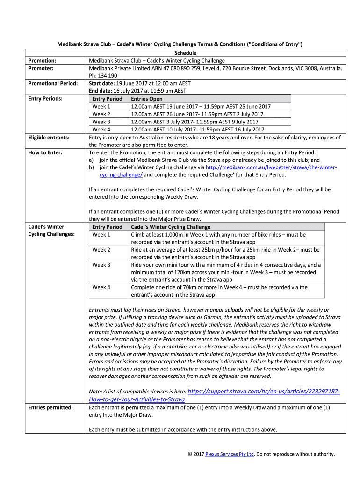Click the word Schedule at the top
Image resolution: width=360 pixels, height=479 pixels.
185,53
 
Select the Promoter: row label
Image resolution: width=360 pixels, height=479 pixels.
42,68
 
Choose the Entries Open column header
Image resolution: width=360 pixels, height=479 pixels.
147,99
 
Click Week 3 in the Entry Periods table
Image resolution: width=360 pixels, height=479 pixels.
101,122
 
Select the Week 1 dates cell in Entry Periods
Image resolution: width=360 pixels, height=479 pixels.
201,106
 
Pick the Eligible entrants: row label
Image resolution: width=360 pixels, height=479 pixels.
49,138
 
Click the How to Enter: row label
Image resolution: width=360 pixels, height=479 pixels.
45,152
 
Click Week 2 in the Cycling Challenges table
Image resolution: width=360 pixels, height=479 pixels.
101,250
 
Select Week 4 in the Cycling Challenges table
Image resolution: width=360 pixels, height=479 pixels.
101,287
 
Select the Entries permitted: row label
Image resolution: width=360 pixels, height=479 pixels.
50,407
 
